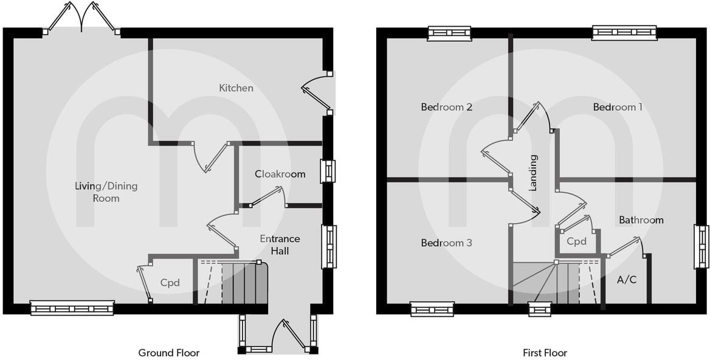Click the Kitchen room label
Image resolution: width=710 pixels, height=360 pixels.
click(x=236, y=88)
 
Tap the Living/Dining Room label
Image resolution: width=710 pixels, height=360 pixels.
click(x=106, y=192)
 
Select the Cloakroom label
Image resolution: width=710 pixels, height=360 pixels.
click(x=280, y=174)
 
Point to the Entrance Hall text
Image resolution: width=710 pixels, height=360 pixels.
click(x=274, y=244)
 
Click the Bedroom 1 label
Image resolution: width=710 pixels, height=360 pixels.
click(x=618, y=107)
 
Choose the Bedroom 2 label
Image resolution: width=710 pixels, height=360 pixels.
click(x=447, y=107)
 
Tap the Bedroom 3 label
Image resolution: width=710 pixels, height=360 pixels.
click(x=446, y=243)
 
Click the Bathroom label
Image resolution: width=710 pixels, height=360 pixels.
click(x=641, y=220)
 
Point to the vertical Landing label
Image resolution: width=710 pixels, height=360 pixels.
click(x=533, y=173)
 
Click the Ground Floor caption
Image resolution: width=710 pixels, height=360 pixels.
click(x=168, y=353)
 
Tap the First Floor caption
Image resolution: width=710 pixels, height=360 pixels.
click(x=545, y=353)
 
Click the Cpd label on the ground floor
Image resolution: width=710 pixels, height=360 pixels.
click(x=170, y=283)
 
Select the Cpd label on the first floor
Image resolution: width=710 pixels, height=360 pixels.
click(x=576, y=241)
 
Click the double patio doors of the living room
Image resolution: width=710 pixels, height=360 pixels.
click(x=81, y=18)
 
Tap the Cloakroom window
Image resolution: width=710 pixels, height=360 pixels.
click(x=328, y=171)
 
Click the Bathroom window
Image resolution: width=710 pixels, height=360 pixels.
click(x=701, y=246)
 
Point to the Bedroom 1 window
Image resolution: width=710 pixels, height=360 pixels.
click(x=624, y=32)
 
